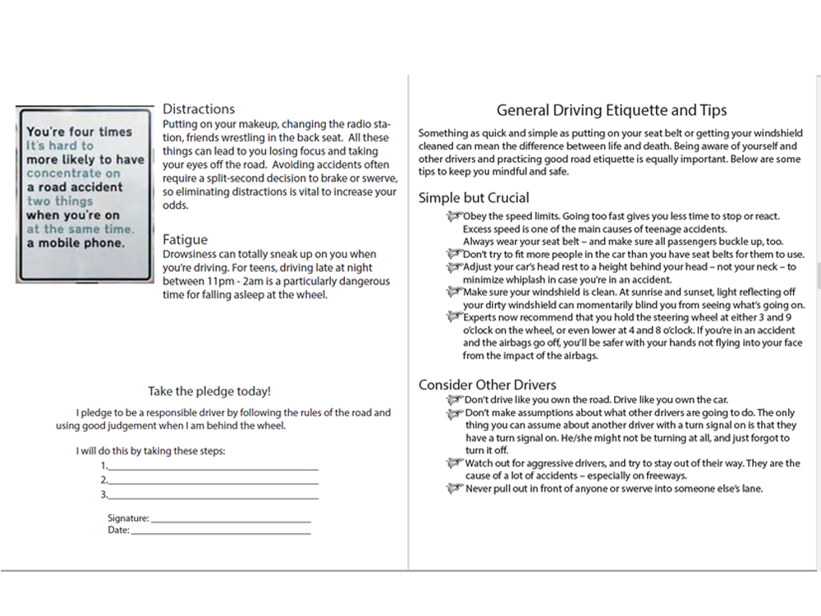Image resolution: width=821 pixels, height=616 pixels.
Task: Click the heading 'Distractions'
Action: [199, 109]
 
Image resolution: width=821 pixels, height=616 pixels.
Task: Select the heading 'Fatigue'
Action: [185, 240]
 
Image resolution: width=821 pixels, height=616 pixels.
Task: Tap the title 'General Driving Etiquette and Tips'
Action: [612, 110]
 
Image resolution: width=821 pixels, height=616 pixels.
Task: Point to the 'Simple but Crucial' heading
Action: [474, 198]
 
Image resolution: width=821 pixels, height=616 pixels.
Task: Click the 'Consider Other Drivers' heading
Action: [487, 385]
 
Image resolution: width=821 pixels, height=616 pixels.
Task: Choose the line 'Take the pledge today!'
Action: [209, 392]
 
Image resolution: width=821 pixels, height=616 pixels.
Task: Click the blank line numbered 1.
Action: [213, 467]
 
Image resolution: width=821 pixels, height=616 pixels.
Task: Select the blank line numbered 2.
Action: [213, 481]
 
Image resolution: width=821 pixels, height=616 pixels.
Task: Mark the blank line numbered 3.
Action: [213, 496]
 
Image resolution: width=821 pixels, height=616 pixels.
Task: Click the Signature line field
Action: [231, 520]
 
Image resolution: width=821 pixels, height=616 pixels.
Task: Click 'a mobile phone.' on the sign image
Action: [76, 243]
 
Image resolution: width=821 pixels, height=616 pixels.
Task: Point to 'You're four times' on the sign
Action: [79, 131]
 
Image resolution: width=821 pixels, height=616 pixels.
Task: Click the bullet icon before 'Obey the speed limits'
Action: [454, 216]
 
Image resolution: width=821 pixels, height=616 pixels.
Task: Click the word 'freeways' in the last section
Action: [663, 476]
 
